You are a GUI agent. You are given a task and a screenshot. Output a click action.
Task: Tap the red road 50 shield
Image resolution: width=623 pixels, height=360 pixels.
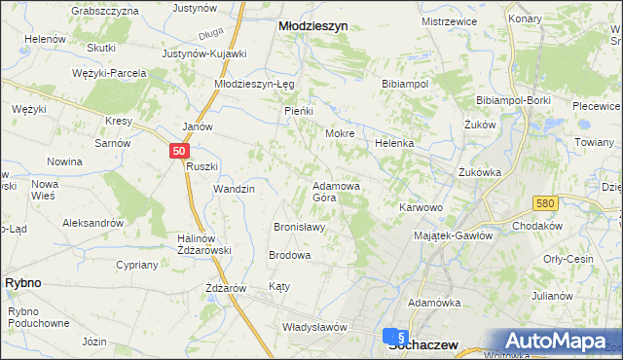pos(178,151)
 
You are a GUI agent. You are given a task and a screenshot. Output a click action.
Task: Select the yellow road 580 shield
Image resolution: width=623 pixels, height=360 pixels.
pos(544,202)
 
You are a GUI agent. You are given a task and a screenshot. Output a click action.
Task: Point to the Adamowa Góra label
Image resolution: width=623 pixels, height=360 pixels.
pos(338,191)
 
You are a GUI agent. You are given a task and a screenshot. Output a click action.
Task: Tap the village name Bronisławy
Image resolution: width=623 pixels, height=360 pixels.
pos(299,227)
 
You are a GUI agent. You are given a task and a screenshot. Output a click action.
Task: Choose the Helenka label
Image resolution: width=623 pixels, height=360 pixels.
pos(394,143)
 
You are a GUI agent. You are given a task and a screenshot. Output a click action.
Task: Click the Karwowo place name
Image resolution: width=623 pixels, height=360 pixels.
pos(421,207)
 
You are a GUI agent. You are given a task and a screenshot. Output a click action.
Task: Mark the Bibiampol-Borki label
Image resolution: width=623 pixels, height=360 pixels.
pos(515,100)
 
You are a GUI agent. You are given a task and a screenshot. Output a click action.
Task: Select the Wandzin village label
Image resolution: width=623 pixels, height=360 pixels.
pos(234,189)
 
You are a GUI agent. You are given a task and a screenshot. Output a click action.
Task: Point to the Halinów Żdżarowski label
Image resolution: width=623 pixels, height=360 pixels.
pos(203,244)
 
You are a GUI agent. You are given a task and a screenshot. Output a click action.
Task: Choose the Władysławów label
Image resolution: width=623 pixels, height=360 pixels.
pos(313,327)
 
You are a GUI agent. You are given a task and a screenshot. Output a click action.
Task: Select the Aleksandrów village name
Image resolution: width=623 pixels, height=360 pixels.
pos(93,222)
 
